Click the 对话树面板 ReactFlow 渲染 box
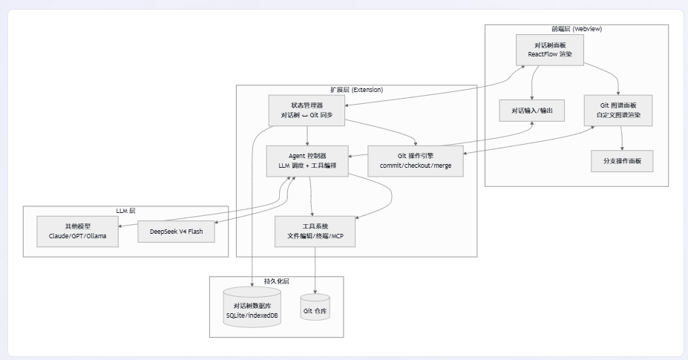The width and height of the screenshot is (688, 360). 550,50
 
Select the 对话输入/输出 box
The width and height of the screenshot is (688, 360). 532,111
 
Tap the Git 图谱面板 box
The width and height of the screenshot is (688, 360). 618,110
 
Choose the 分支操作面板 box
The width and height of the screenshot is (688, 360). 622,161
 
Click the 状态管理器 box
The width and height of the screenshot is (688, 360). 307,111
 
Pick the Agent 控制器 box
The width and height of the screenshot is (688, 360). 307,161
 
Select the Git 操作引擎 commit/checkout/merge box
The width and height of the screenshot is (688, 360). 416,161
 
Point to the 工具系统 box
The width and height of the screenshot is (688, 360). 315,232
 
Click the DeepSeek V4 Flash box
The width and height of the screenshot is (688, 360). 177,232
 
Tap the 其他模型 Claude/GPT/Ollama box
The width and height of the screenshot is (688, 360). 78,232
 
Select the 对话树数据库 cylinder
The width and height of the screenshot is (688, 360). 252,307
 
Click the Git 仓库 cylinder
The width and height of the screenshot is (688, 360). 315,307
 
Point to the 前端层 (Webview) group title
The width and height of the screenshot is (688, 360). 577,29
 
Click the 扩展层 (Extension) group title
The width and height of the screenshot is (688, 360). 357,90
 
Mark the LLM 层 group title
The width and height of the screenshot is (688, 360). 125,211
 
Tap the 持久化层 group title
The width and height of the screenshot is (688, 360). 276,281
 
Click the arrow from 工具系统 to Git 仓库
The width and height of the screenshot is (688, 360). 315,270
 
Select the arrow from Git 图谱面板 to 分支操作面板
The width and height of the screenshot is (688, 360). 621,138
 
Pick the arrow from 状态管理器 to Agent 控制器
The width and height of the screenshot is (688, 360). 307,136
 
